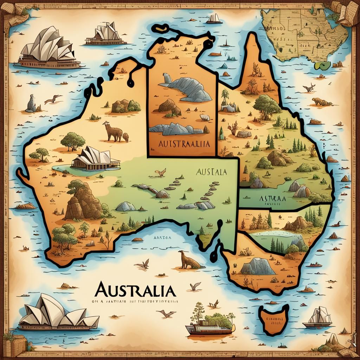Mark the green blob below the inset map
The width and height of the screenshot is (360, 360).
point(323,65)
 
